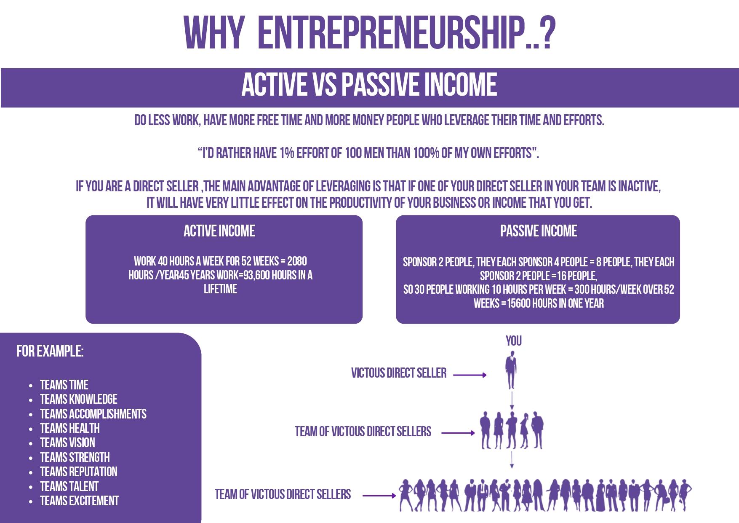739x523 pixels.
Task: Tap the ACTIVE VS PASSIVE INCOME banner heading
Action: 369,84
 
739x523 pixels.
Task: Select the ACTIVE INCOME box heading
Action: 219,231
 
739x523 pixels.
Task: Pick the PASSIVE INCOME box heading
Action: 539,231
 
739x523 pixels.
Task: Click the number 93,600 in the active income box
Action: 256,275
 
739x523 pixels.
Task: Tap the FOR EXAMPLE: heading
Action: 50,351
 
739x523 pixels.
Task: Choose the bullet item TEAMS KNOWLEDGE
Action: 78,399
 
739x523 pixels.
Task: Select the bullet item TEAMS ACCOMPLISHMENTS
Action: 93,414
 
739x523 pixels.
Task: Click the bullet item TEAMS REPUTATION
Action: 78,472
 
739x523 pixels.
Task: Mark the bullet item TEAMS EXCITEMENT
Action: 79,501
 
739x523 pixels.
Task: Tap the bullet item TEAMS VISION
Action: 67,443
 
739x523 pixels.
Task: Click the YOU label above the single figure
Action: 514,341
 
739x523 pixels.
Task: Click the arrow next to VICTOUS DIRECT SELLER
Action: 470,375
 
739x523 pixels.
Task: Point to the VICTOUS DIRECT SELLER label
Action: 399,373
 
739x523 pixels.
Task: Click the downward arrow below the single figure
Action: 512,400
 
